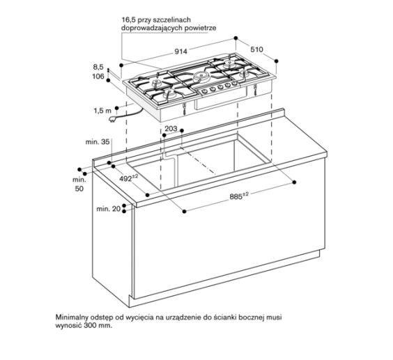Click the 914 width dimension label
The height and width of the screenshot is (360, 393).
180,52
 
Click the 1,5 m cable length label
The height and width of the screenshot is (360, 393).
102,110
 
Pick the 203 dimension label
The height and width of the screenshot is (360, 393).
171,129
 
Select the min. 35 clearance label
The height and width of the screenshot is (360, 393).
98,141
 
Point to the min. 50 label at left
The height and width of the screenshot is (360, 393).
78,184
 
